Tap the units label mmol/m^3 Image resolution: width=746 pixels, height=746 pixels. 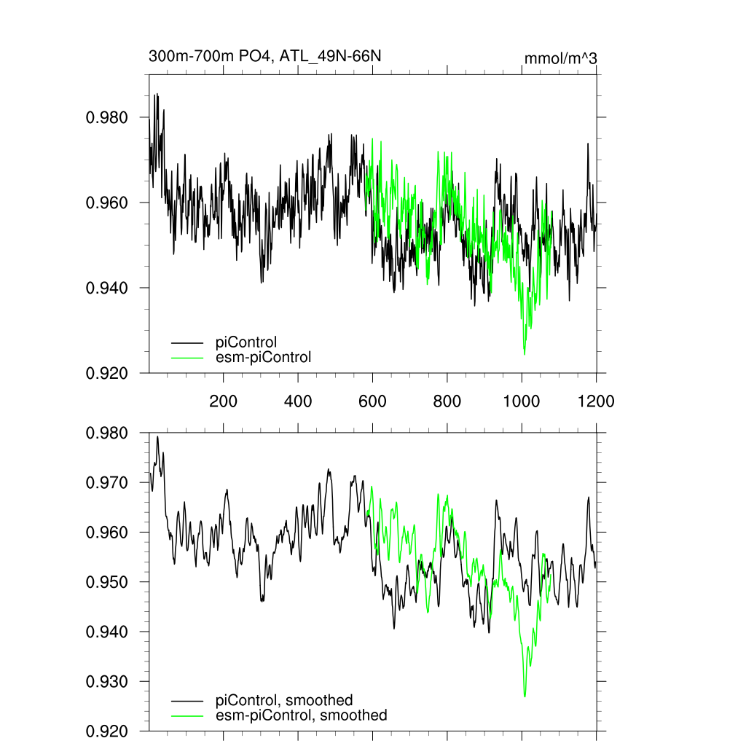pyautogui.click(x=560, y=58)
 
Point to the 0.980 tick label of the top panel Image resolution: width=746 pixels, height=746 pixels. pyautogui.click(x=108, y=117)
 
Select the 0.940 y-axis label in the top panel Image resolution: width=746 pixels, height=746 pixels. pyautogui.click(x=108, y=288)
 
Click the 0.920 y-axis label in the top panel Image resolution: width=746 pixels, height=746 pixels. pyautogui.click(x=108, y=373)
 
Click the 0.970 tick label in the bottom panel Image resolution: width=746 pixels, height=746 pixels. pyautogui.click(x=108, y=483)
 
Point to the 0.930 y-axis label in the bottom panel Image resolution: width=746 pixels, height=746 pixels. pyautogui.click(x=108, y=682)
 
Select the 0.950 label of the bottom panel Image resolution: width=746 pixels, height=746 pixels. pyautogui.click(x=108, y=583)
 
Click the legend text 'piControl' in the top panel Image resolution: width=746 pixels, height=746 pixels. pyautogui.click(x=246, y=342)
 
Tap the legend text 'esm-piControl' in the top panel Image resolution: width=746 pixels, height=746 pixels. pyautogui.click(x=264, y=357)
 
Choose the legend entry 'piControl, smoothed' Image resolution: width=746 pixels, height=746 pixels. pyautogui.click(x=284, y=700)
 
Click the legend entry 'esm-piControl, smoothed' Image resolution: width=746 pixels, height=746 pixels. pyautogui.click(x=302, y=715)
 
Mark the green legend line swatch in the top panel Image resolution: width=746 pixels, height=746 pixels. pyautogui.click(x=186, y=357)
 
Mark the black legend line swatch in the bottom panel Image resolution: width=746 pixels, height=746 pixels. pyautogui.click(x=186, y=700)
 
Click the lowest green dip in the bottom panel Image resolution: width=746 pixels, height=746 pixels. pyautogui.click(x=525, y=696)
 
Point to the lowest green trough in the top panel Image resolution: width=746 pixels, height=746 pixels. pyautogui.click(x=525, y=354)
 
